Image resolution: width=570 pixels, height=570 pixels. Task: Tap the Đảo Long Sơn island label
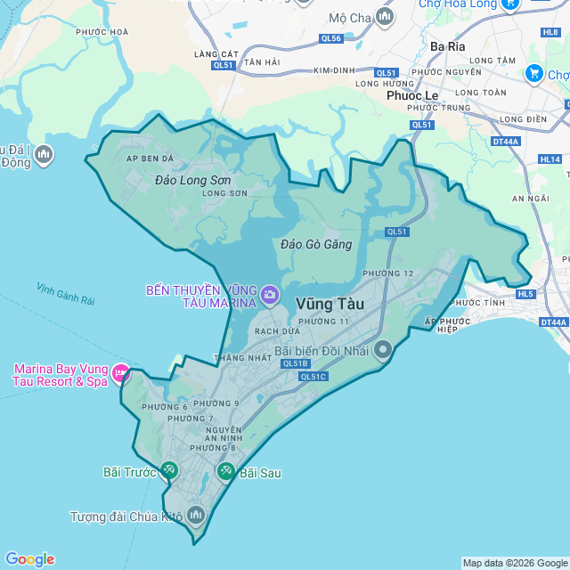tap(192, 181)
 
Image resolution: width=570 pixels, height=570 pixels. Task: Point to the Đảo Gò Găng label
tap(316, 244)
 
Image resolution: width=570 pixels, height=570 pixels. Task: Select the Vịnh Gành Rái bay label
tap(66, 294)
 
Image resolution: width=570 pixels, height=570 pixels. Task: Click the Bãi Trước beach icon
tap(169, 470)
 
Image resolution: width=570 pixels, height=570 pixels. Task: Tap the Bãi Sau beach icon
tap(226, 471)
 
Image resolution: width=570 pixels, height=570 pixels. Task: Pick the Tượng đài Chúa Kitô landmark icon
tap(196, 515)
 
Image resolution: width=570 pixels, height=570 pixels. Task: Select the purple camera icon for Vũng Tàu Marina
tap(269, 294)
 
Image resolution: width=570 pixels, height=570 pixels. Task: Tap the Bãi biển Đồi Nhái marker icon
tap(383, 350)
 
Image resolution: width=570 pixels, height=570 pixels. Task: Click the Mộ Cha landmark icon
tap(385, 17)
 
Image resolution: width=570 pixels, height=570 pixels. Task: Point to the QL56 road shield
tap(331, 38)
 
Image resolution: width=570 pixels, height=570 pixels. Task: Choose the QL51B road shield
tap(294, 363)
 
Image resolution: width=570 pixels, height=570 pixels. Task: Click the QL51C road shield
tap(313, 377)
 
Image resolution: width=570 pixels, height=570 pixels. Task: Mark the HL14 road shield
tap(550, 159)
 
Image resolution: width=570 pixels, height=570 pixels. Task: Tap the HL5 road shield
tap(525, 294)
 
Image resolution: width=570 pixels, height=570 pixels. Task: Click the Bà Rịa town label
tap(448, 45)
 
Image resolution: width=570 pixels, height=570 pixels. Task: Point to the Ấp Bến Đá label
tap(150, 159)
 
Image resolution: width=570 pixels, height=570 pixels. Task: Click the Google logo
tap(29, 559)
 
